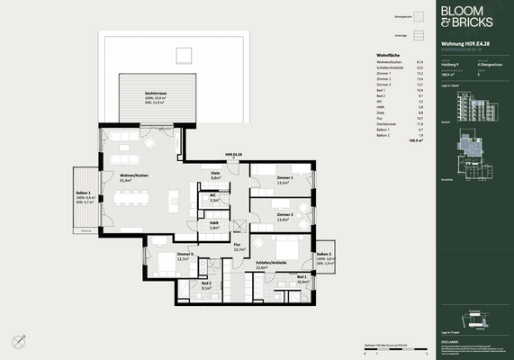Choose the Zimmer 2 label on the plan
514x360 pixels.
pos(285,216)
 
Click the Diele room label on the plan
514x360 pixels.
pos(216,175)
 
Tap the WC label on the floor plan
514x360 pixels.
pos(214,198)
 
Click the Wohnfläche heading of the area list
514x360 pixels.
pos(387,55)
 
